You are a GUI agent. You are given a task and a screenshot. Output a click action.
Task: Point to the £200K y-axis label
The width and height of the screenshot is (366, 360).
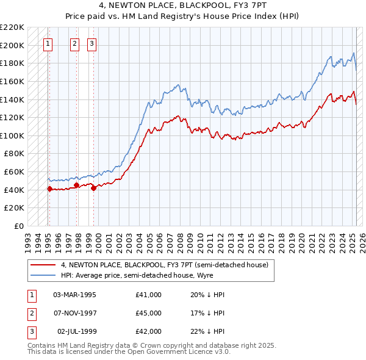[x=13, y=45]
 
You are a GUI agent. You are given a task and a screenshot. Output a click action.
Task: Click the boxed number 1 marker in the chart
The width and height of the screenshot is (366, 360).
[x=48, y=43]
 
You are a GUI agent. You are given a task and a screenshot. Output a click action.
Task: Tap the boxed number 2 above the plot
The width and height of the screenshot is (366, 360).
[x=74, y=43]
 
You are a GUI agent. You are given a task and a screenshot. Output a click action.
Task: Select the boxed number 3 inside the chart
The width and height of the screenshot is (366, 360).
[x=91, y=43]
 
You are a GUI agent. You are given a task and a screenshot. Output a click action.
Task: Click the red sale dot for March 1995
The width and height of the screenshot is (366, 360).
[x=49, y=189]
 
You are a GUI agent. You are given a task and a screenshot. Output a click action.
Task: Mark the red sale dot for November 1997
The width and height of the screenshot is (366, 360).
[x=76, y=185]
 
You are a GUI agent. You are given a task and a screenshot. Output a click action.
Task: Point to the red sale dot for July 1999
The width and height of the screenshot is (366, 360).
[x=93, y=189]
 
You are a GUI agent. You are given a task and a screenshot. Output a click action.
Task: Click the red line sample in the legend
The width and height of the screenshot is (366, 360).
[x=43, y=265]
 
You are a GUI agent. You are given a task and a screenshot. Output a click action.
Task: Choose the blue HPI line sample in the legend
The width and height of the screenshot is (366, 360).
[x=43, y=275]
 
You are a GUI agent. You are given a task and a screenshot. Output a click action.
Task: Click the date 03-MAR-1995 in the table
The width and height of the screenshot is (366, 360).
[x=75, y=295]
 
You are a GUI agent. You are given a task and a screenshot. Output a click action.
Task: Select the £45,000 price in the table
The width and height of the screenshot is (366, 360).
[x=149, y=313]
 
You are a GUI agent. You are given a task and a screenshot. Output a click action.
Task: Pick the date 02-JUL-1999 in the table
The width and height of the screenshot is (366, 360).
[x=76, y=331]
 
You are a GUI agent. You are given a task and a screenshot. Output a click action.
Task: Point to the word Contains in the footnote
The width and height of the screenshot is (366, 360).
[x=42, y=345]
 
